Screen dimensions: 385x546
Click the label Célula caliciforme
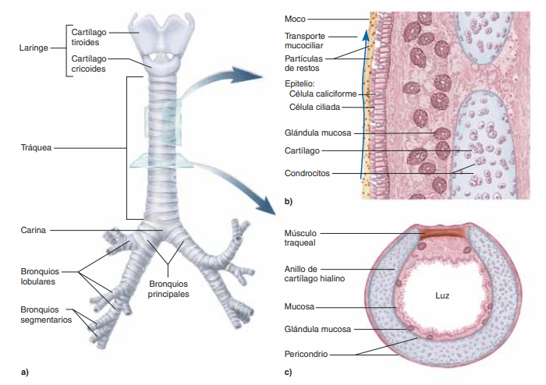tap(322, 94)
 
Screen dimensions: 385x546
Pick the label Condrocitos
tap(307, 172)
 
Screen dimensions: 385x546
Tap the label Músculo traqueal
tap(304, 236)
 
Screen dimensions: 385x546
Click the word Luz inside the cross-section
tap(442, 296)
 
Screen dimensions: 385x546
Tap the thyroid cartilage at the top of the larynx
tap(161, 33)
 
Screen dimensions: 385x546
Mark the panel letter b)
tap(289, 203)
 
